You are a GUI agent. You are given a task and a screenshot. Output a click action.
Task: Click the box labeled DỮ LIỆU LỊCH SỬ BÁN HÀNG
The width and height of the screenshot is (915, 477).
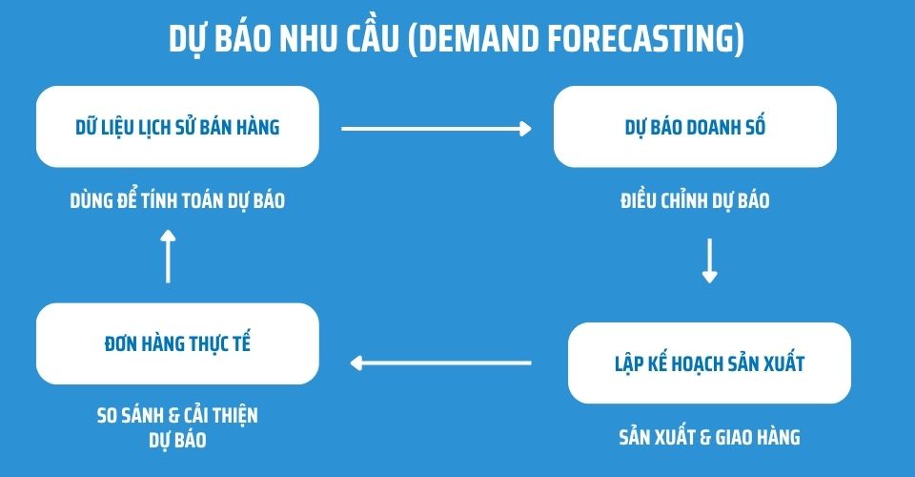176,126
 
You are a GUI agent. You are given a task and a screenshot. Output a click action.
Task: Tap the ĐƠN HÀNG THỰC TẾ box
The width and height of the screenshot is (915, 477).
176,343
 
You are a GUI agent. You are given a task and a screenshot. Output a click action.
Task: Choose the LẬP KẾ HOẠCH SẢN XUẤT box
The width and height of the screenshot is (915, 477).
709,363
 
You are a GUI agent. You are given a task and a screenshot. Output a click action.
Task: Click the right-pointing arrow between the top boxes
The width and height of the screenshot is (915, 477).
436,128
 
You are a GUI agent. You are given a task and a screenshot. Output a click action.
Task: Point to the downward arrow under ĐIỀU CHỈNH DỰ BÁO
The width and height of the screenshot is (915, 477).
709,261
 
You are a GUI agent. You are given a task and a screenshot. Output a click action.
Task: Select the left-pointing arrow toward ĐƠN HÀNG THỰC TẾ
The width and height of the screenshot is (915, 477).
440,363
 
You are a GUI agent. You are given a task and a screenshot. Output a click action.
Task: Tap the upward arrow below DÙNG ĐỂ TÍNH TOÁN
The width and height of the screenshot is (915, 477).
168,255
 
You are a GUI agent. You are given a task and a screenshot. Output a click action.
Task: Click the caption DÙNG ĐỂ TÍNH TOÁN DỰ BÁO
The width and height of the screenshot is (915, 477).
177,201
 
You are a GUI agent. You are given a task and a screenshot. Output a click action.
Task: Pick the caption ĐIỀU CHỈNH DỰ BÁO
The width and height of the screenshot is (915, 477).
694,201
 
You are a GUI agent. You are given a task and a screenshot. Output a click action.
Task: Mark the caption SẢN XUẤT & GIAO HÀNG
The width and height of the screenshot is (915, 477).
709,438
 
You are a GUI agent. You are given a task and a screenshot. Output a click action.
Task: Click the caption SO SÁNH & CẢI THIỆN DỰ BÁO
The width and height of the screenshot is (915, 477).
177,427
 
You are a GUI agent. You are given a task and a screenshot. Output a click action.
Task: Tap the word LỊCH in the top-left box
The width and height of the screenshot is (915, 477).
152,126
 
